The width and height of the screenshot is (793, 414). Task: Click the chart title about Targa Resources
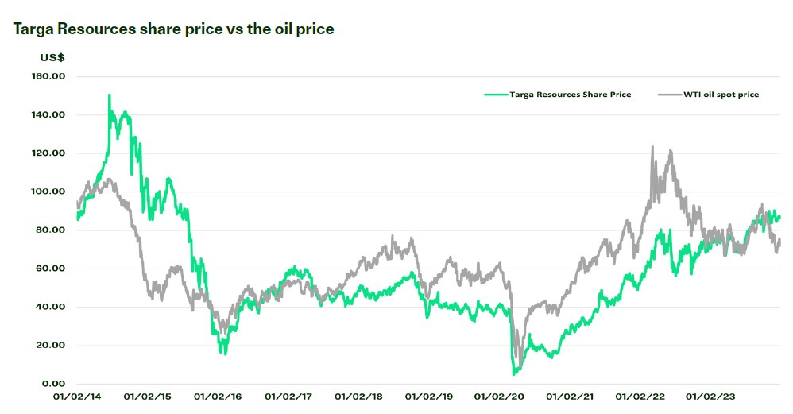coord(173,29)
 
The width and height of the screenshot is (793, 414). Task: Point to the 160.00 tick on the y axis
coord(48,76)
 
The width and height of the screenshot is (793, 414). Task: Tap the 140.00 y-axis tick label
coord(48,114)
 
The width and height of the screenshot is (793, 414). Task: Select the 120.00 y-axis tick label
coord(48,153)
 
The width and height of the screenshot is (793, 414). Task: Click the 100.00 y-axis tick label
coord(48,192)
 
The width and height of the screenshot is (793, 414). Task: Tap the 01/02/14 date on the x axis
coord(76,396)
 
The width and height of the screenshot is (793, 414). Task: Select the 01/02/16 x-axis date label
coord(215,396)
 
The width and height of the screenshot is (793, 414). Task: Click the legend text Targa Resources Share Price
coord(571,95)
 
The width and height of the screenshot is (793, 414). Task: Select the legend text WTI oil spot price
coord(721,95)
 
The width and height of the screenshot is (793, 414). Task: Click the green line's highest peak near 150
coord(109,95)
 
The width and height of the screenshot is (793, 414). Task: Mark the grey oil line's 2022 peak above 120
coord(652,147)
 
